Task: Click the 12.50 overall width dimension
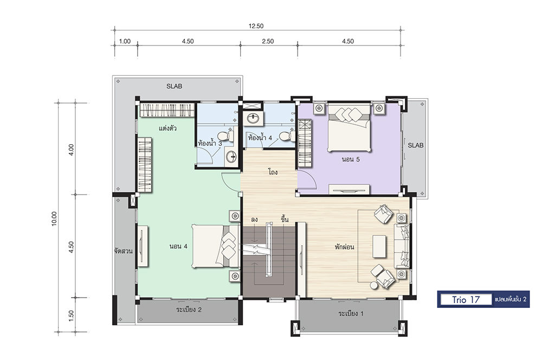coord(256,26)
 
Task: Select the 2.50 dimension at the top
coord(268,41)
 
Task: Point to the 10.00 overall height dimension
coord(54,218)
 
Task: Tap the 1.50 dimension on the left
coord(72,316)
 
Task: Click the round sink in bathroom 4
coord(253,118)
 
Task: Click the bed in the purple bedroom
coord(350,127)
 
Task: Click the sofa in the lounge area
coord(402,246)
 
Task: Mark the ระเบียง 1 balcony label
coord(351,313)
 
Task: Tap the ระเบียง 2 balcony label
coord(189,310)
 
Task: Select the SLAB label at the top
coord(174,86)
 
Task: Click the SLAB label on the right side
coord(416,145)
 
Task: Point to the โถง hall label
coord(273,172)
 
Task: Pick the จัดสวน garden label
coord(123,251)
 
